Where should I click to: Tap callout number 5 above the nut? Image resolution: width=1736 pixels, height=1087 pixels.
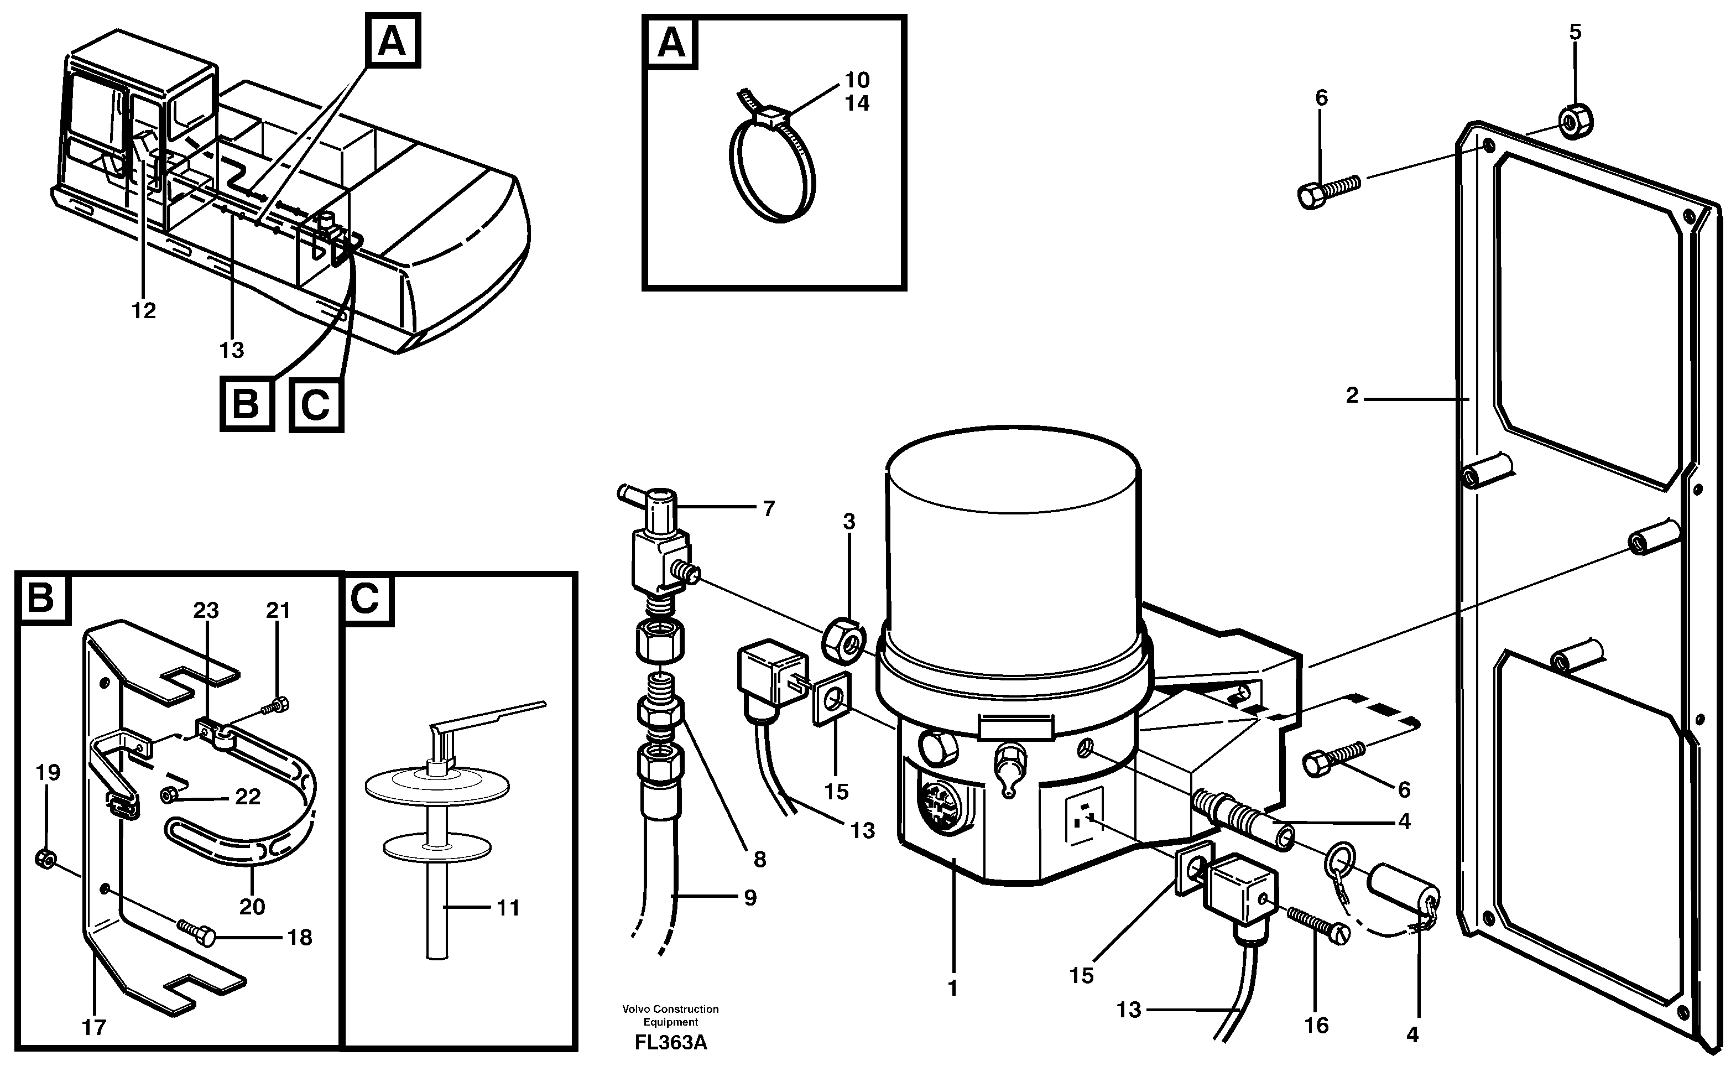point(1575,32)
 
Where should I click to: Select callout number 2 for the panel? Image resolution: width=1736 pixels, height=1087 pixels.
point(1352,396)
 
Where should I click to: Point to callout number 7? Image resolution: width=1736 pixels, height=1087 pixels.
point(768,509)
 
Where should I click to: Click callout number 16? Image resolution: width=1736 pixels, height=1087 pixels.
point(1316,1025)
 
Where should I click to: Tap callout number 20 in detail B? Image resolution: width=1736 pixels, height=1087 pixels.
point(252,907)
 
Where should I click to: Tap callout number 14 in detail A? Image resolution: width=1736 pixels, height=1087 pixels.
point(857,103)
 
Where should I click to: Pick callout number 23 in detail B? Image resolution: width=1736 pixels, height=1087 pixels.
point(206,610)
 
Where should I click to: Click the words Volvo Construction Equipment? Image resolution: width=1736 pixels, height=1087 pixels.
point(670,1015)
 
